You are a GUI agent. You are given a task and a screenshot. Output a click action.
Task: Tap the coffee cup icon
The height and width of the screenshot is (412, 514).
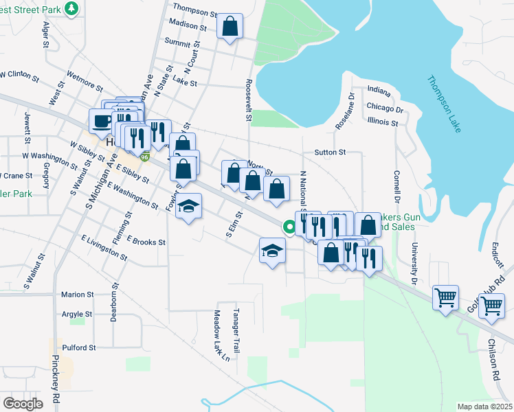[102, 122]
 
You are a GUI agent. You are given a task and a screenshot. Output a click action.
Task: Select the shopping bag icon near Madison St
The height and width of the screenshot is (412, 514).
[230, 27]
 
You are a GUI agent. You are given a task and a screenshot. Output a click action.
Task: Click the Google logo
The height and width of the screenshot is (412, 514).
[23, 404]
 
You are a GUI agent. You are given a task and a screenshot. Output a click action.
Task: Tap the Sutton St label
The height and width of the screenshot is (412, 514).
[329, 152]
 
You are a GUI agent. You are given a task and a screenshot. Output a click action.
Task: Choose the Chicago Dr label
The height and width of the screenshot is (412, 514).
[385, 108]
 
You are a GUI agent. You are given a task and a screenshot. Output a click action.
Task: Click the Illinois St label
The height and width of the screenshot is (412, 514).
[383, 123]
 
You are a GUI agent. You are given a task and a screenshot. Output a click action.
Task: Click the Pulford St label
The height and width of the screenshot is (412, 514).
[78, 347]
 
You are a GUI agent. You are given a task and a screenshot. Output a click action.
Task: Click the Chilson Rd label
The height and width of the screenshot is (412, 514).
[493, 360]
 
